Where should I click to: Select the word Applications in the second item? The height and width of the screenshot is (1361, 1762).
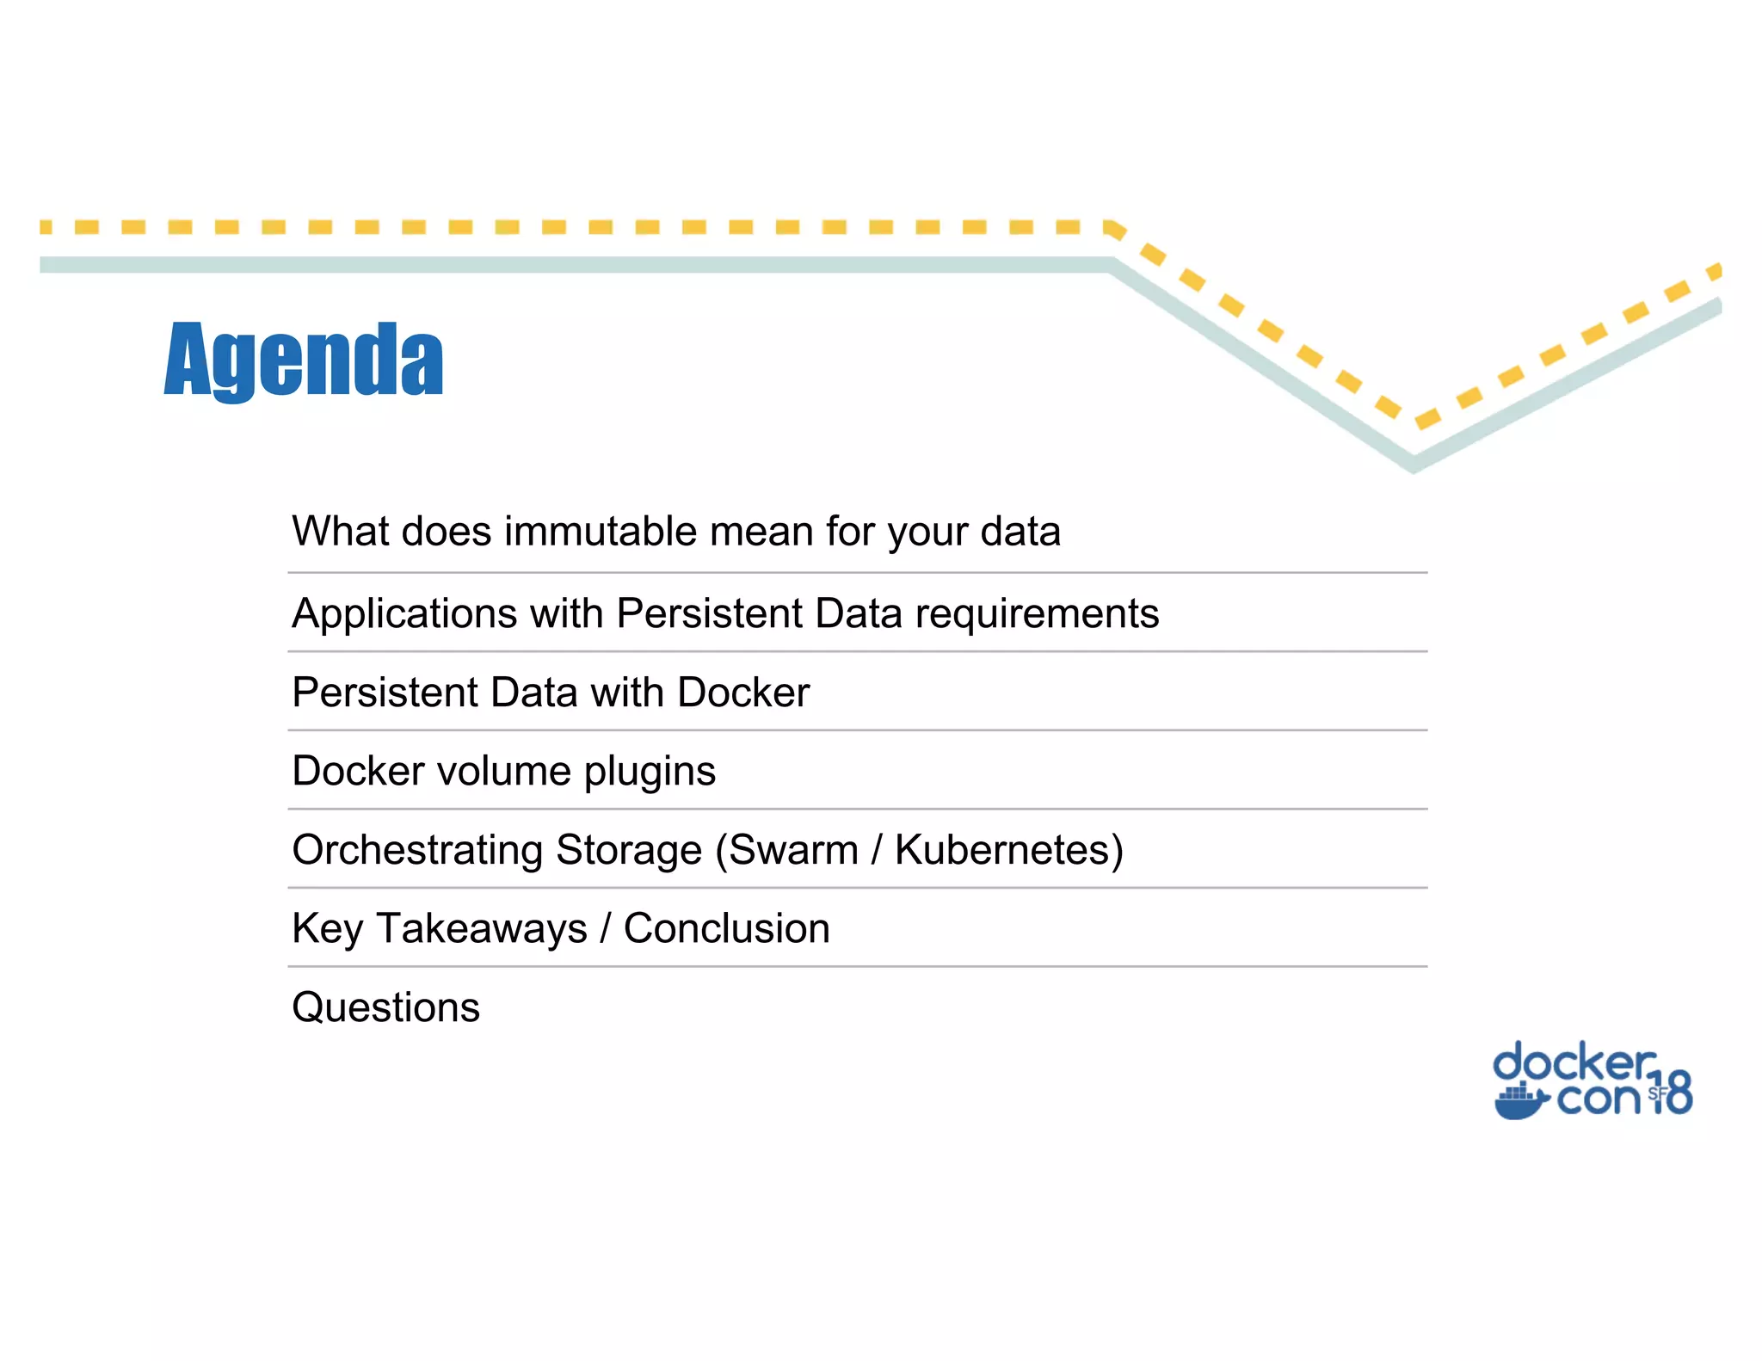click(x=404, y=614)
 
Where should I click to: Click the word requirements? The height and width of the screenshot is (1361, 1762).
click(x=1037, y=614)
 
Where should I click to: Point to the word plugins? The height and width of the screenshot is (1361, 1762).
click(x=650, y=772)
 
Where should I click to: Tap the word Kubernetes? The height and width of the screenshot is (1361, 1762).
click(x=1002, y=850)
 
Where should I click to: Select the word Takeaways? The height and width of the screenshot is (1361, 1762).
click(x=482, y=929)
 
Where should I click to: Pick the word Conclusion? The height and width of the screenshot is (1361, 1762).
click(x=727, y=929)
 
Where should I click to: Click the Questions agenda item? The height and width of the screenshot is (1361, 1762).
click(x=385, y=1007)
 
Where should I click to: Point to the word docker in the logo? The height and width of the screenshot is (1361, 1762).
click(x=1574, y=1063)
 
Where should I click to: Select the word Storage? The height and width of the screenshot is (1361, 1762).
click(x=629, y=850)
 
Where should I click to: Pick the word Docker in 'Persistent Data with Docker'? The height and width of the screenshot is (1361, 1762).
click(x=743, y=693)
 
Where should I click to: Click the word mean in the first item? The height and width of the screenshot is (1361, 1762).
click(x=761, y=532)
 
